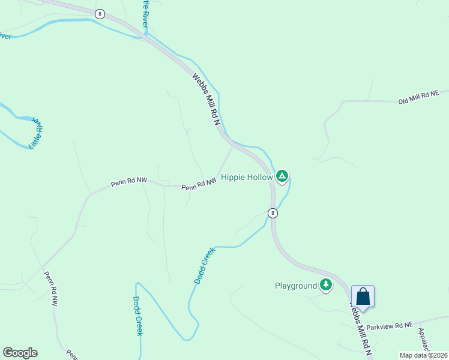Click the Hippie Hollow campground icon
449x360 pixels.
point(282,176)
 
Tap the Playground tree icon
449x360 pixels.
point(325,285)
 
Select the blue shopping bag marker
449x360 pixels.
point(363,296)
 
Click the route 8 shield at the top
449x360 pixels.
point(100,14)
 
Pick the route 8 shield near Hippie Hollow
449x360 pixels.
point(273,213)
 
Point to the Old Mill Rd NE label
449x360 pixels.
point(419,98)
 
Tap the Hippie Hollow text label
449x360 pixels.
point(247,177)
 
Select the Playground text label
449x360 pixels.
point(295,286)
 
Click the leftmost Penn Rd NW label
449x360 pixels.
point(128,181)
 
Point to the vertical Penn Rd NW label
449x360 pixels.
point(50,289)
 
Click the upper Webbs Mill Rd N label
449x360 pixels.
point(206,99)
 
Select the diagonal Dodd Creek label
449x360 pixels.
point(204,267)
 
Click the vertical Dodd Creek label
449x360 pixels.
point(137,316)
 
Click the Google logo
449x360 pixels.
point(20,353)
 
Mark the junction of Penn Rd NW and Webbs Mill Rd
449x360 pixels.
point(233,145)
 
